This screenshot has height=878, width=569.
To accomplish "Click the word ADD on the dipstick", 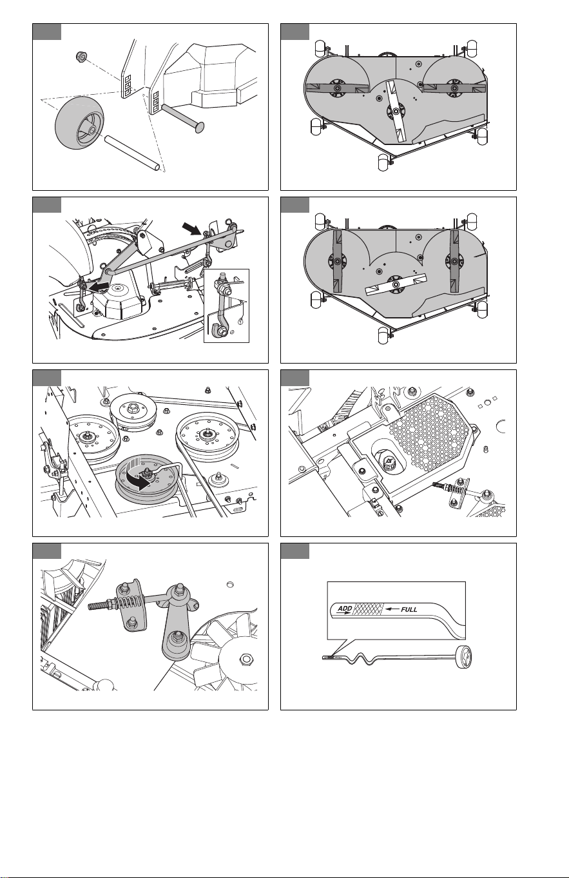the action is click(x=345, y=609).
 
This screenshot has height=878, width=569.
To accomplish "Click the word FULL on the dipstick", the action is click(x=409, y=609).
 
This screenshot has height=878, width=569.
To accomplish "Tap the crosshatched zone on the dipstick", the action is click(x=367, y=609).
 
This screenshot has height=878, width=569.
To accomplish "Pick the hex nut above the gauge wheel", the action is click(x=81, y=57).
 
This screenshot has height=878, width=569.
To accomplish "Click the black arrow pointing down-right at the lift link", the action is click(x=193, y=228).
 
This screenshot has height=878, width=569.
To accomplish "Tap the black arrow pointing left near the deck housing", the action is click(x=97, y=286).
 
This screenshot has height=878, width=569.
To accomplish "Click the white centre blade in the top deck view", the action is click(x=396, y=112).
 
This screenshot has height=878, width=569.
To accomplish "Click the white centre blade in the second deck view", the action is click(x=395, y=284).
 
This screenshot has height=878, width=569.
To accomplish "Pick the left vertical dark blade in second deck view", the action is click(x=337, y=260).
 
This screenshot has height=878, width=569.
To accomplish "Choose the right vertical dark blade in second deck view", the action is click(x=454, y=260).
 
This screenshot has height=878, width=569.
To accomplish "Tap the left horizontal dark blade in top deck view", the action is click(x=336, y=88).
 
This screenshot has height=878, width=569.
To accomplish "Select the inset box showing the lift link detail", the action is click(x=226, y=306).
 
